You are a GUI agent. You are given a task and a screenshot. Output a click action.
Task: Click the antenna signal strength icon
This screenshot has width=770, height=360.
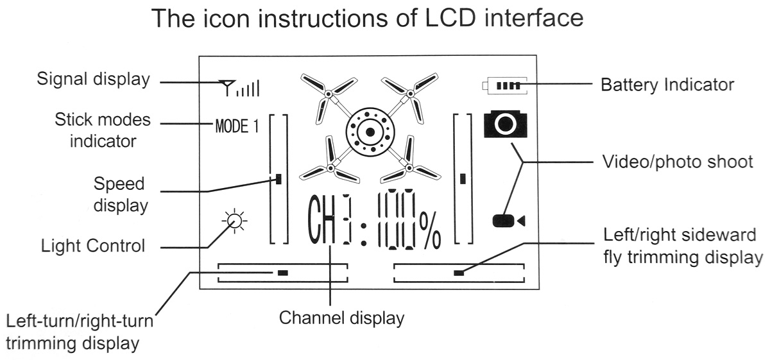(x=239, y=88)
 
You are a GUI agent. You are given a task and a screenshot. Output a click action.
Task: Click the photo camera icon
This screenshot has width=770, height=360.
(x=505, y=124)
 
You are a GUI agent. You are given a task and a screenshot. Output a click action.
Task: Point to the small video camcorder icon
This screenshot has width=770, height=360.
(x=508, y=221)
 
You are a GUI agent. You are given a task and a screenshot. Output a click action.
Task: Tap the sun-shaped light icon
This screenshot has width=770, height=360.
(x=235, y=221)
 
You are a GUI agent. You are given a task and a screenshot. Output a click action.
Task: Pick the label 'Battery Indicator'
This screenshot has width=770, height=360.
(x=667, y=84)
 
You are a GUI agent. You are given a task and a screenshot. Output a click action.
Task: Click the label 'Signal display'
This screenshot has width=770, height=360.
(x=93, y=80)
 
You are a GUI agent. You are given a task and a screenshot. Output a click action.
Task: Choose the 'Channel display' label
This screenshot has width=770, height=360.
(x=341, y=318)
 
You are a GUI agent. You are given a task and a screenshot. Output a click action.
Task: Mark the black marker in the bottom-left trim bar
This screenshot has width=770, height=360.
(x=283, y=273)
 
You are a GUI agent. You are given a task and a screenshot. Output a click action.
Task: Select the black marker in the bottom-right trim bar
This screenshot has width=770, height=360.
(x=458, y=273)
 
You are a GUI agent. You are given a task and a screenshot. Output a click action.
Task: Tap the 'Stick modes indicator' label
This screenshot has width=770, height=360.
(x=103, y=130)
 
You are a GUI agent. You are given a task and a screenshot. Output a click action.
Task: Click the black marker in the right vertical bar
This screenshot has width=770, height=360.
(x=463, y=179)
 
